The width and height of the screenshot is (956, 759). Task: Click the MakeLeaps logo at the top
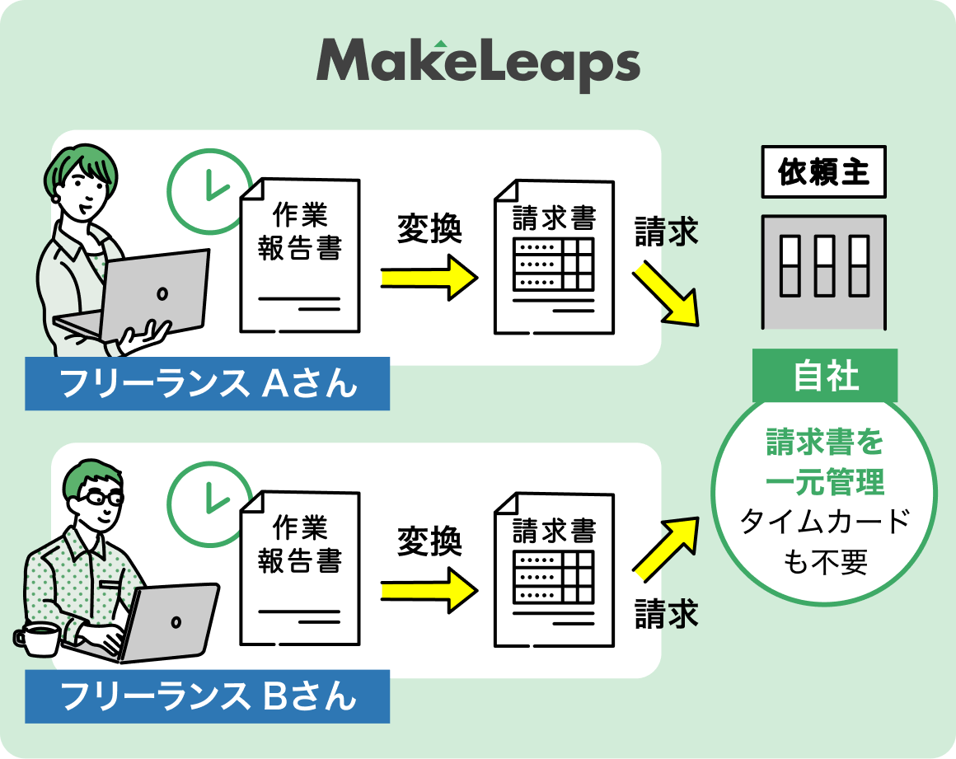[x=478, y=63]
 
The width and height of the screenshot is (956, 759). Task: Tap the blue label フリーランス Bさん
[x=207, y=697]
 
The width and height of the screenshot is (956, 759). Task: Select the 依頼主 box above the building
[x=823, y=173]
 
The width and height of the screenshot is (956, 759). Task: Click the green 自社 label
[x=824, y=377]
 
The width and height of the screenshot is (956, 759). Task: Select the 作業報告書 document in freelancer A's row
[x=300, y=255]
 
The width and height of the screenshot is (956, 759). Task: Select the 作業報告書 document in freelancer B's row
[x=300, y=569]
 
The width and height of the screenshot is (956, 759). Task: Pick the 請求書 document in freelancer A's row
[x=554, y=255]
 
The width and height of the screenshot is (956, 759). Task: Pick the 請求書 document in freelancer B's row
[x=554, y=569]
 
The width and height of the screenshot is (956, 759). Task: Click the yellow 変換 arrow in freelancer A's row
[x=429, y=278]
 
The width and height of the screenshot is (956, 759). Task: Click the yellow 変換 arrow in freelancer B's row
[x=429, y=591]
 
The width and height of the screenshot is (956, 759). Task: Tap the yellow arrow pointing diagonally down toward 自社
[x=666, y=293]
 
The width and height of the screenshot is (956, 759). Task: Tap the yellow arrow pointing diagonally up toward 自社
[x=666, y=546]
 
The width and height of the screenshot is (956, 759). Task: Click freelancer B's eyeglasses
[x=103, y=498]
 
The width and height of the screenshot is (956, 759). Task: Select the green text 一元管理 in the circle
[x=824, y=482]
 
